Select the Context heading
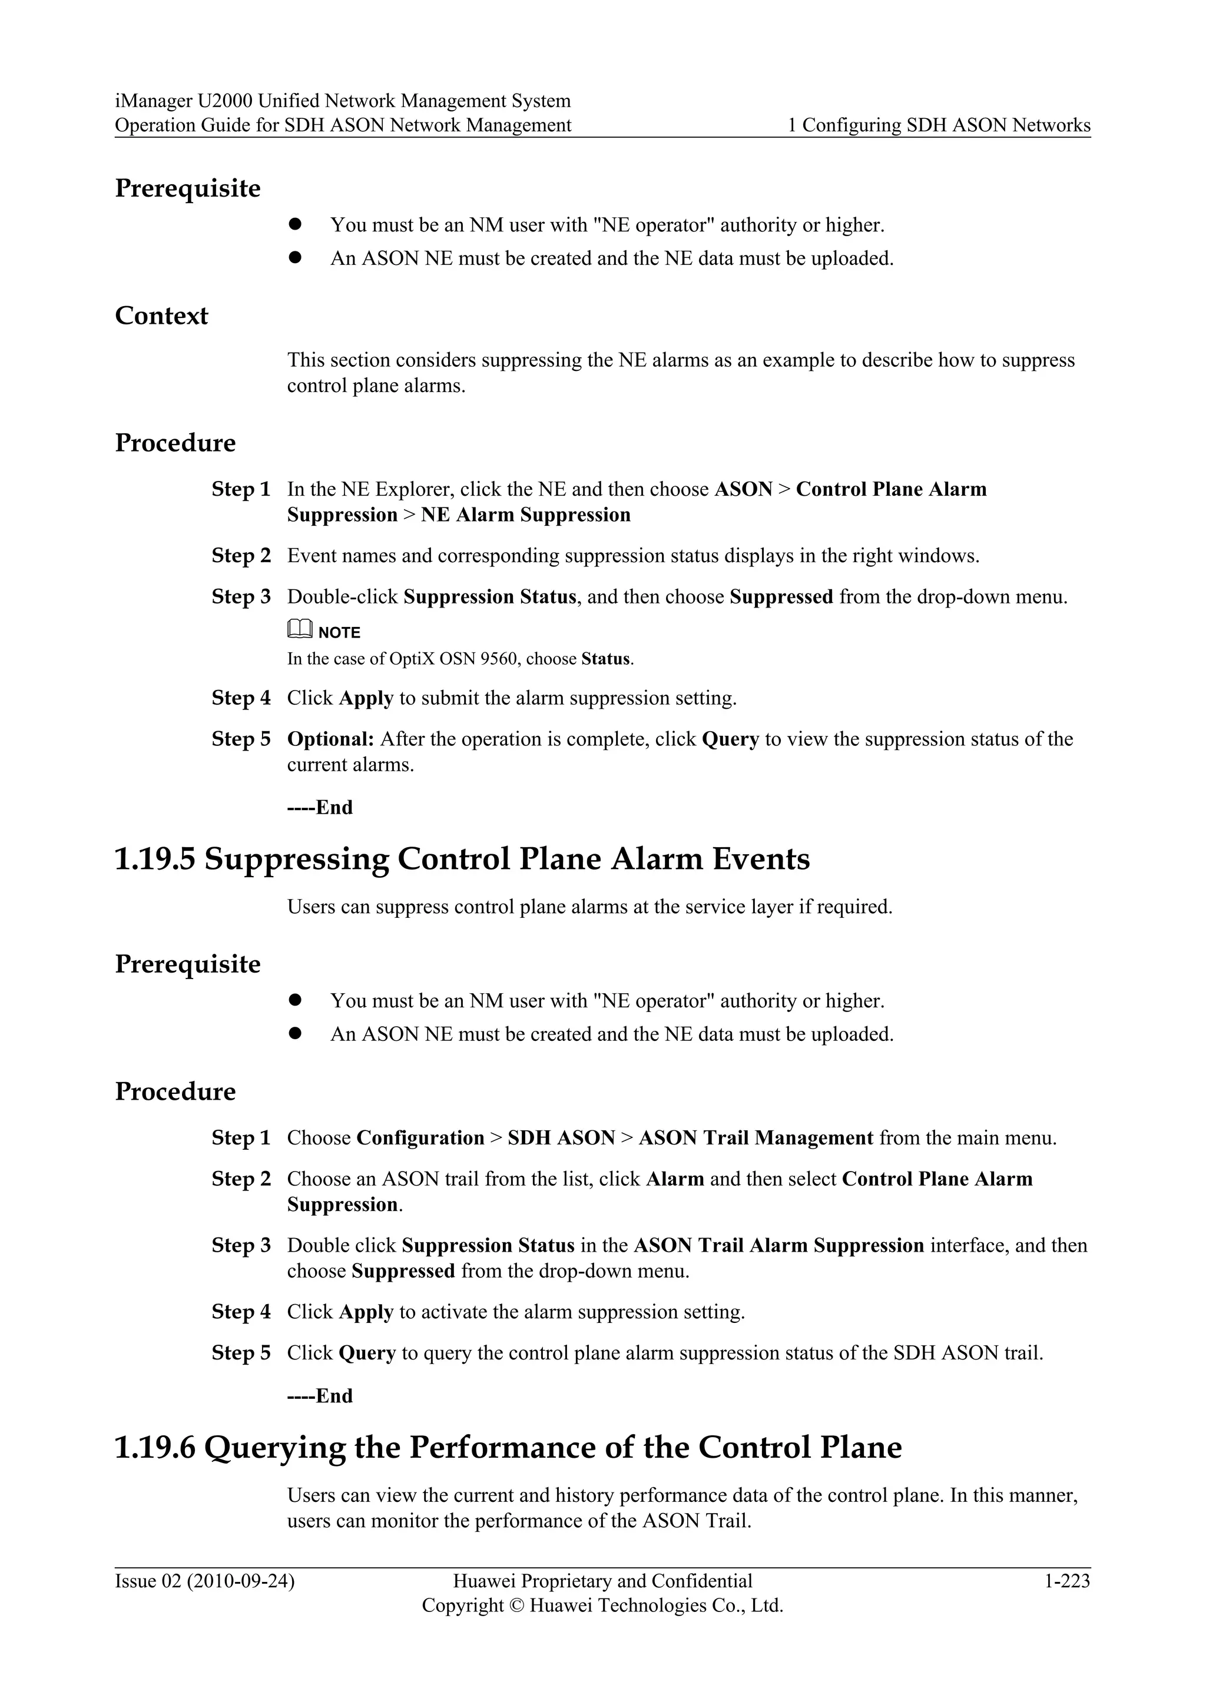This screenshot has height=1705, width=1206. pos(161,316)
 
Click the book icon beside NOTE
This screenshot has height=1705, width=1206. pos(299,630)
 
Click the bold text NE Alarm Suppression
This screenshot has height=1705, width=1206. pos(525,515)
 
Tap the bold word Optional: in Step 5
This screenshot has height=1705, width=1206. pos(330,739)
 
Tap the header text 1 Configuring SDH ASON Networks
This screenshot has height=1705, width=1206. pos(939,125)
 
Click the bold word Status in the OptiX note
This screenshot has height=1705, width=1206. pos(605,659)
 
